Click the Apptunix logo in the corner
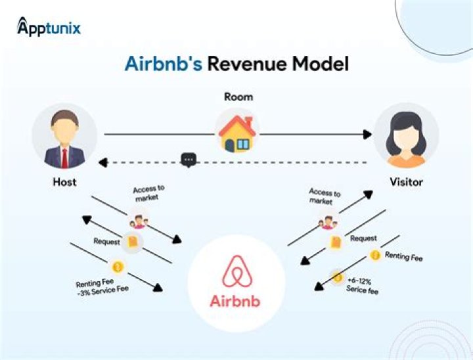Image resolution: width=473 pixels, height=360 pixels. [49, 28]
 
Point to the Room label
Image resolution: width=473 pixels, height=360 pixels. [237, 97]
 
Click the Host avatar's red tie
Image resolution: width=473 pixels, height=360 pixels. [64, 157]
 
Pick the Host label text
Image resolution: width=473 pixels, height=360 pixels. [64, 182]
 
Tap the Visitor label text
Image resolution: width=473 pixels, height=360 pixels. [407, 182]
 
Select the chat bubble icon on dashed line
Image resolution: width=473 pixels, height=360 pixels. [189, 160]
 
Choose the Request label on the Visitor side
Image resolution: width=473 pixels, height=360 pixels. [363, 238]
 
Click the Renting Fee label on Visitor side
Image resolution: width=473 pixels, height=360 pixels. [403, 256]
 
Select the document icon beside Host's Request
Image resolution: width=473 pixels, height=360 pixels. [132, 242]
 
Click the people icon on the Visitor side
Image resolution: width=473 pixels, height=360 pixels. [327, 221]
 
